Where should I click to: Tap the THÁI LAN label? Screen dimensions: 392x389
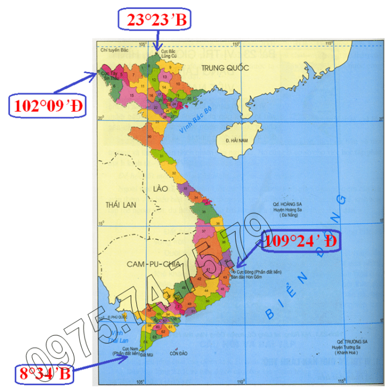point(117,205)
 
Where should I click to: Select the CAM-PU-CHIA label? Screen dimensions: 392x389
point(146,263)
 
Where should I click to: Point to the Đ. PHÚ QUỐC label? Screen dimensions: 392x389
point(117,317)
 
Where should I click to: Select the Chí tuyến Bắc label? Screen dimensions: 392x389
point(115,50)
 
